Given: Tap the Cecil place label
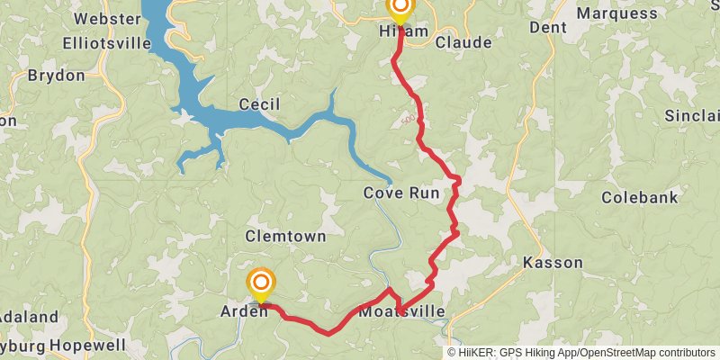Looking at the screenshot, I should coord(259,105).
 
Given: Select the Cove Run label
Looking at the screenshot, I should coord(401,193).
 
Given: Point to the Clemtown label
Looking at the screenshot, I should coord(283,236).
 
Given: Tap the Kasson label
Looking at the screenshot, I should coord(553,263).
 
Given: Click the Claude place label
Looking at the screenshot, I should coord(463,42).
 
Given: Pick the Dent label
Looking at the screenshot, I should coord(548,28).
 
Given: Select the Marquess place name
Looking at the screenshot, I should coord(616,13).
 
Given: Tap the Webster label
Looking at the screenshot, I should coord(103,19).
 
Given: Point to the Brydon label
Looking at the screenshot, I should coord(56,76).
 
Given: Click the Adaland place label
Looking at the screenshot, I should coord(29,317).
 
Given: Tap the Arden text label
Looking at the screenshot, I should coord(244,311).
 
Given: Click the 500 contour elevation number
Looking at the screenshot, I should coord(408,119).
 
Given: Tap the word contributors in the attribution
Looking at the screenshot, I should coord(683,353).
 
